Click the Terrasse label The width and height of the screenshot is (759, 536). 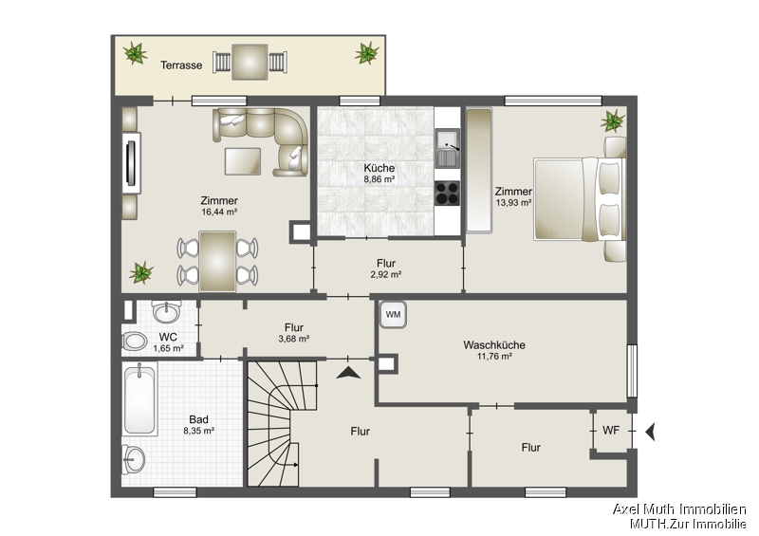click(x=180, y=65)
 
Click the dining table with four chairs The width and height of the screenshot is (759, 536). click(x=217, y=261)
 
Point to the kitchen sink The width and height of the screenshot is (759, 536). click(x=447, y=146)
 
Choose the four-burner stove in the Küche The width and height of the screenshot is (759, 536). click(x=447, y=192)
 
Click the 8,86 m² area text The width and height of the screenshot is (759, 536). click(x=379, y=179)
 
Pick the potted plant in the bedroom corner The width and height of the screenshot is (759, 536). click(x=613, y=120)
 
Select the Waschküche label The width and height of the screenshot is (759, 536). click(x=494, y=344)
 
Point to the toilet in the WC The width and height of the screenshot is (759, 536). click(x=135, y=342)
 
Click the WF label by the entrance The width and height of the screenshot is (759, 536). click(x=611, y=431)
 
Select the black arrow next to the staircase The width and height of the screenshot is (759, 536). click(x=348, y=373)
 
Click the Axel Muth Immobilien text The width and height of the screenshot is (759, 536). click(x=679, y=509)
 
